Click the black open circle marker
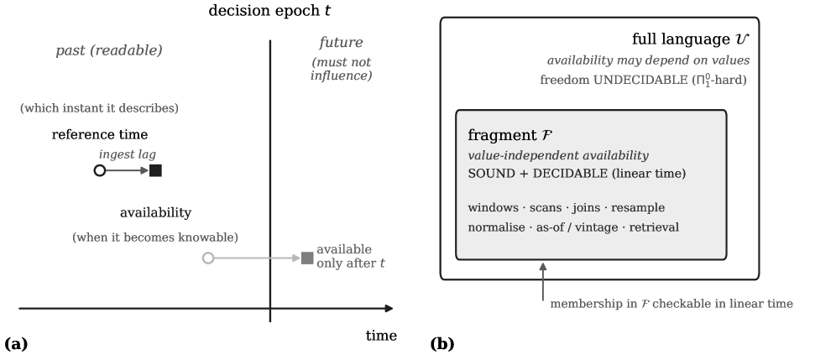click(x=100, y=170)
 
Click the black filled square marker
click(x=155, y=170)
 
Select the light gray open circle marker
click(x=208, y=258)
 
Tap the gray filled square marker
click(x=307, y=258)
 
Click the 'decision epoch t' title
click(x=269, y=11)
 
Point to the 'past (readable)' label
click(x=109, y=50)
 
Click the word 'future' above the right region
click(x=342, y=42)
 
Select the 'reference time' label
click(x=100, y=134)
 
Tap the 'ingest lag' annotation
click(x=128, y=154)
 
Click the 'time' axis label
click(x=381, y=336)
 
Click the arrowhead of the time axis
click(x=389, y=308)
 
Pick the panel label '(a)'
click(x=16, y=344)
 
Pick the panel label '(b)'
click(x=442, y=344)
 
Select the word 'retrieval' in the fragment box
click(x=654, y=227)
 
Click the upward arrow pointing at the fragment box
click(x=543, y=281)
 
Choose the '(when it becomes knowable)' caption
click(x=155, y=237)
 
